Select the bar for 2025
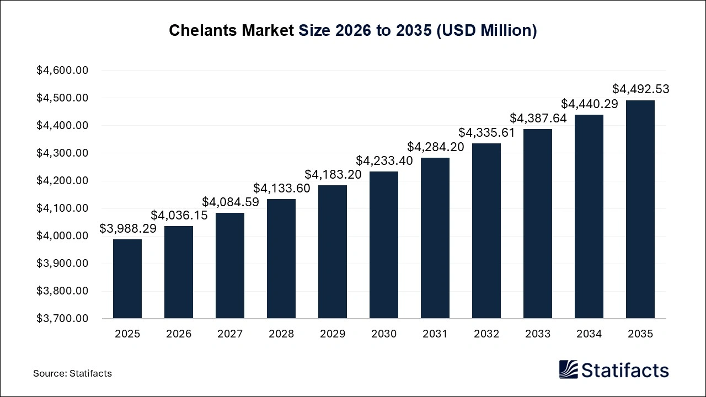127,278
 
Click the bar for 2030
384,245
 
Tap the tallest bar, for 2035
640,210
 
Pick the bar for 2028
281,259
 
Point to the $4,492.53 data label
641,89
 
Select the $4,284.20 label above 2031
436,147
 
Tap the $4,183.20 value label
333,174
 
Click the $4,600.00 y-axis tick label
62,71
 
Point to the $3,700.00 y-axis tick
62,319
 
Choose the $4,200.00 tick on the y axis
62,181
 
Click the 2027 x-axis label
230,334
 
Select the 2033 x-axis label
538,334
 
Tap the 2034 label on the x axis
589,334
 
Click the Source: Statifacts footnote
72,373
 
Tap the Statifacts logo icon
569,369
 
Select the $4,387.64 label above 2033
538,119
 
